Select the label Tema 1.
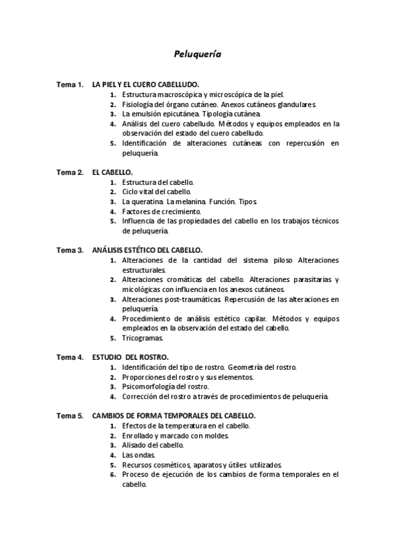(69, 85)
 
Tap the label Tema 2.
(69, 172)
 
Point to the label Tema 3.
(69, 250)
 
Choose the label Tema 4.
(69, 357)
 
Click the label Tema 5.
(69, 416)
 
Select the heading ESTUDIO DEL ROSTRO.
(130, 357)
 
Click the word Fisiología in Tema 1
(138, 104)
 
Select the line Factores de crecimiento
(162, 211)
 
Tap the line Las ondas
(138, 455)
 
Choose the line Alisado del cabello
(153, 445)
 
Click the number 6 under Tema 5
(113, 474)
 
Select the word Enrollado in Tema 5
(139, 436)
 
